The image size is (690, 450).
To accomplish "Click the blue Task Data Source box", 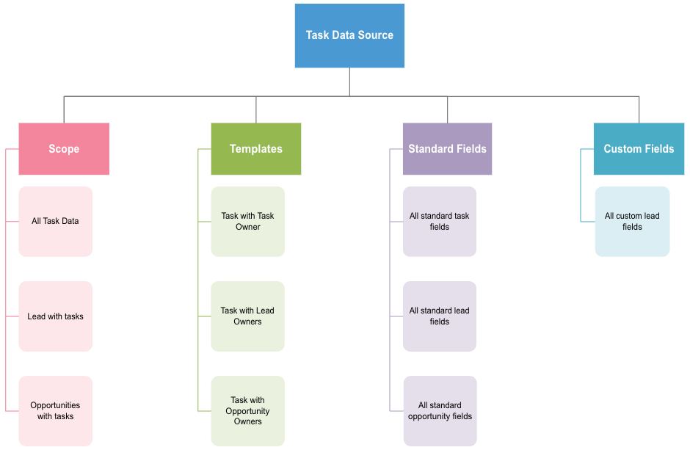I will (x=349, y=35).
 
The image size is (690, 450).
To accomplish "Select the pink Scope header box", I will (x=64, y=149).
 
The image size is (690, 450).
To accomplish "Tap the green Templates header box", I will (x=255, y=149).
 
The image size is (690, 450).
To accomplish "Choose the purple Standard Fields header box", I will (x=447, y=149).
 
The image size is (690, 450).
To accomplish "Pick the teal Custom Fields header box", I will (x=639, y=149).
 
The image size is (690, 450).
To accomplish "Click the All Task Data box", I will (x=55, y=221).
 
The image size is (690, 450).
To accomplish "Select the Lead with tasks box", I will (x=55, y=316).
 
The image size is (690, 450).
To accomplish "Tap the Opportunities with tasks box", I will (x=55, y=410).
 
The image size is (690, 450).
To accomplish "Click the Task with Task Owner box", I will (x=247, y=221).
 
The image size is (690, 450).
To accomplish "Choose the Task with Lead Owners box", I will (x=247, y=316).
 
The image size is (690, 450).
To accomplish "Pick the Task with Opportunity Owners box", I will (x=247, y=410).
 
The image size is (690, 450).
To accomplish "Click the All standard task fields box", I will (x=440, y=221).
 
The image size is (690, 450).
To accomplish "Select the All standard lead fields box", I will (x=440, y=316).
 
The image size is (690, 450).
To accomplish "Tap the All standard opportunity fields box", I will (x=440, y=410).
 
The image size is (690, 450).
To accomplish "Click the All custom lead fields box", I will (x=632, y=221).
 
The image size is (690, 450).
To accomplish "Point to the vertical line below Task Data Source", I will (x=349, y=81).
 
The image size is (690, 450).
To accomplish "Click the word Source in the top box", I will (x=375, y=35).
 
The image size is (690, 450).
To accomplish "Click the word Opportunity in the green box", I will (x=247, y=411).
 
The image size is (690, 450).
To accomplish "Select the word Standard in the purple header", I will (x=431, y=149).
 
